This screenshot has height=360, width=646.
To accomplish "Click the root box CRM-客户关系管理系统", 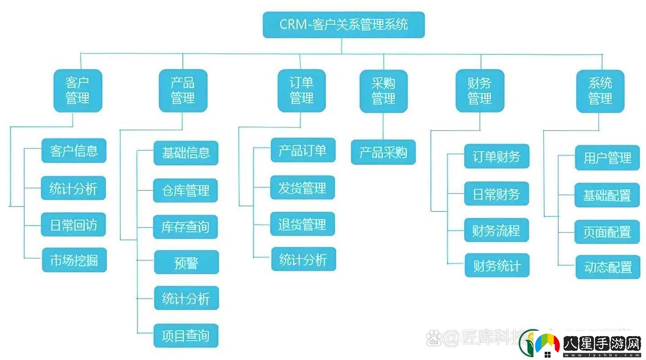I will [343, 24].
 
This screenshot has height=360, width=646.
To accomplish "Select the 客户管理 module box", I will [78, 90].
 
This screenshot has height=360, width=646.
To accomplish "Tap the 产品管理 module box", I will [183, 90].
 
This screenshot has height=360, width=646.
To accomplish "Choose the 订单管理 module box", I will [301, 90].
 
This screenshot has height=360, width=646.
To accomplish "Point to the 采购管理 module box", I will [384, 91].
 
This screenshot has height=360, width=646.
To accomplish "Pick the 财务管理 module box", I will [480, 91].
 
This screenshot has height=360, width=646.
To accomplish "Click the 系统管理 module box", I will [600, 91].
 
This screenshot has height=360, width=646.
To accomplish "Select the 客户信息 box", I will [74, 150].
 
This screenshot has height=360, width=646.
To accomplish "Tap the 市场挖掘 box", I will [74, 260].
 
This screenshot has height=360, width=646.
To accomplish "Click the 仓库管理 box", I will [186, 190].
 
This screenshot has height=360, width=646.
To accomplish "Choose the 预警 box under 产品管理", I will [186, 262].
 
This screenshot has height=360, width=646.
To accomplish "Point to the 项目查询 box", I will [186, 335].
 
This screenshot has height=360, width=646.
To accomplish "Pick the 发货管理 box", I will [303, 187].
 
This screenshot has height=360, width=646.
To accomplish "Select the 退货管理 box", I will [303, 224].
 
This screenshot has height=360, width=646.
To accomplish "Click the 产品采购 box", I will [383, 152].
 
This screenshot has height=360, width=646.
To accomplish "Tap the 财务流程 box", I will [497, 230].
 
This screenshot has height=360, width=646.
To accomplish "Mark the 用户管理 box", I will [607, 157].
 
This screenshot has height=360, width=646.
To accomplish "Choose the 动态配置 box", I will [607, 267].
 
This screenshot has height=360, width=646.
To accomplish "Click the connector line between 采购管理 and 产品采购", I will [384, 126].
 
